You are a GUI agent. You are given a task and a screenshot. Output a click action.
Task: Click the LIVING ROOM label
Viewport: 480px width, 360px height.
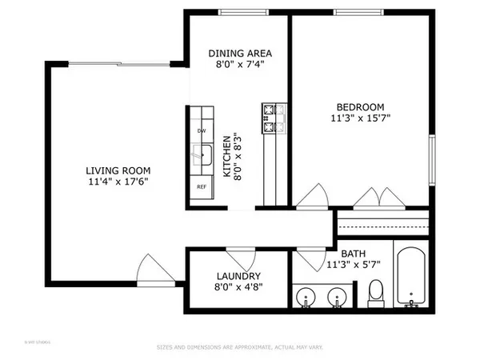coord(119,170)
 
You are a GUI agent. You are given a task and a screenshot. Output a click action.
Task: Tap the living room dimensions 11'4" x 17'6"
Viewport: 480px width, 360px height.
coord(119,182)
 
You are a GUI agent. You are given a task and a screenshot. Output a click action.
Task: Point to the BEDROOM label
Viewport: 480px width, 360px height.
coord(360,107)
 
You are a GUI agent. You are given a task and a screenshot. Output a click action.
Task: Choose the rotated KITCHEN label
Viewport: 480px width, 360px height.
coord(226,155)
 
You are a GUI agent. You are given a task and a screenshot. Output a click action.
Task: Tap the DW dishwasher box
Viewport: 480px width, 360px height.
coord(201,131)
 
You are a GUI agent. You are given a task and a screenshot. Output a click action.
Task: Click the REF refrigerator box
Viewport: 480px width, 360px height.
coord(201,186)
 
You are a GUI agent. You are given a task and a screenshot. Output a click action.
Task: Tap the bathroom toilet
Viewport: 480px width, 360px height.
coord(376,294)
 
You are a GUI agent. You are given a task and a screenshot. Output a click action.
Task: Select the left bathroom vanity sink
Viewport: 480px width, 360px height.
coord(306,298)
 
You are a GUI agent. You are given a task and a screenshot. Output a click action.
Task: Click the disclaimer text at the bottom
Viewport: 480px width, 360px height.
coord(239,347)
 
